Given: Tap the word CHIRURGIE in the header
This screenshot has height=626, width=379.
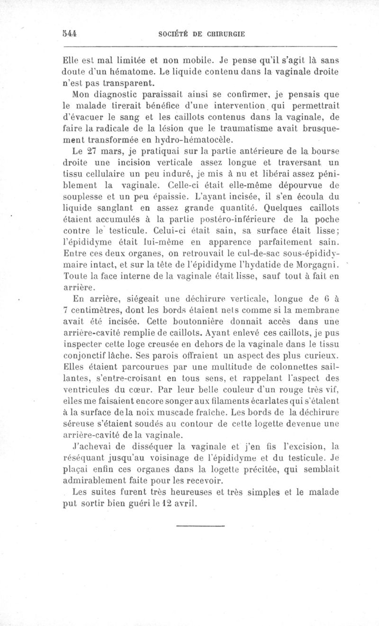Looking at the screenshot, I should [x=223, y=34].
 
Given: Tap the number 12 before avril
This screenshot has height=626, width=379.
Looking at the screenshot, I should [x=166, y=503].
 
